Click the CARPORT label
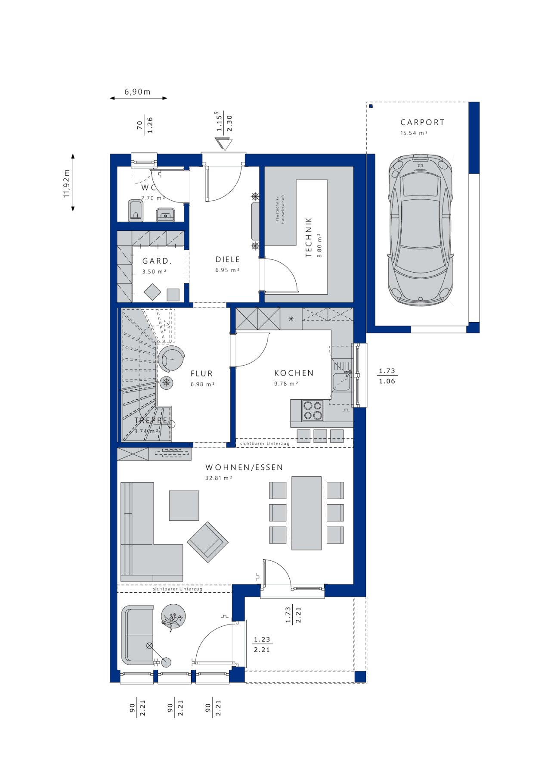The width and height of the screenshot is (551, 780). coord(422,122)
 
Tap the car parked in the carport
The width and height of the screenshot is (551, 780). coord(421,230)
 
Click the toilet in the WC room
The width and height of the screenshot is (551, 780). coord(136,210)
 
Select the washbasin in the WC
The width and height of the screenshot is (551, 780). coord(165,214)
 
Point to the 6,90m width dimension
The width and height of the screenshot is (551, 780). coord(138,92)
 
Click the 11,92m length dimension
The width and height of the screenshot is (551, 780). coord(67,183)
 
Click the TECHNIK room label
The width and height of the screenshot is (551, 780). coord(308,237)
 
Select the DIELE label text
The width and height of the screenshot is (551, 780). coord(228,259)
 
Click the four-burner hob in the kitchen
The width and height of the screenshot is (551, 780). coord(313,410)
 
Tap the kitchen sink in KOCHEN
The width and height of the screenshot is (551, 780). coord(341,382)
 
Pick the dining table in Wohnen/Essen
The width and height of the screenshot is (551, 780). coord(306,513)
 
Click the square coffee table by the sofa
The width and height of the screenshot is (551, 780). coord(184,506)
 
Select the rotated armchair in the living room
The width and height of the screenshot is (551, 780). coord(207,542)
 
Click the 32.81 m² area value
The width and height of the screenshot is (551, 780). coord(219,478)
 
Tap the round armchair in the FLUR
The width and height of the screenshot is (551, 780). coord(171,358)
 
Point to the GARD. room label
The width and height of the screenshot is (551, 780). coord(157,261)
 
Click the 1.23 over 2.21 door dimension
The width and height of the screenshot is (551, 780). coord(262,645)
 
